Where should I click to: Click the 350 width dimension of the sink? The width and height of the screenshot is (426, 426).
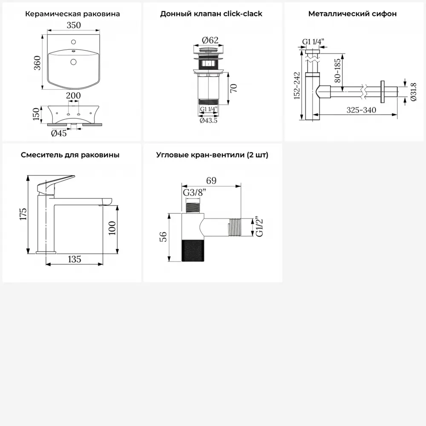coord(74,25)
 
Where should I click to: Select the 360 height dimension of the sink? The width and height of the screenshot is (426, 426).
coord(37,63)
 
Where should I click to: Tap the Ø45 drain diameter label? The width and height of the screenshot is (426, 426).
coord(59,133)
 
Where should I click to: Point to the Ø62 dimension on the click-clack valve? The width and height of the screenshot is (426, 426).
coord(210,40)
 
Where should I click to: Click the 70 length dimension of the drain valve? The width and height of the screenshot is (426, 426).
coord(233,88)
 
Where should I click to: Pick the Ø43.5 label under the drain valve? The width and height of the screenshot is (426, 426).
coord(208,121)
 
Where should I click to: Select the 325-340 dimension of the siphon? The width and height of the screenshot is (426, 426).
coord(361,110)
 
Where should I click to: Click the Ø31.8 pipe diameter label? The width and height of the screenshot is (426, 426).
coord(413,92)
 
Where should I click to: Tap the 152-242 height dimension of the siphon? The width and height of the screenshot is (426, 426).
coord(297,86)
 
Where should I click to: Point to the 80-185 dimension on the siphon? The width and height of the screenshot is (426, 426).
coord(337,71)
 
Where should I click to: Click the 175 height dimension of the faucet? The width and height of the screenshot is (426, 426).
coord(23,214)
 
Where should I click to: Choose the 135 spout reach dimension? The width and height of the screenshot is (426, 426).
coord(75,259)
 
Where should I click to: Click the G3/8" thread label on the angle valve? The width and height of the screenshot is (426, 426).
coord(195,193)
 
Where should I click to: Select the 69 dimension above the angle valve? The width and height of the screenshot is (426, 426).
coord(211,181)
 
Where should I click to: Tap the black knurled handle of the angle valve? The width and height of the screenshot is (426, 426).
coord(193,251)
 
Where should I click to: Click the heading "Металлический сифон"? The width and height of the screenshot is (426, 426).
coord(352,14)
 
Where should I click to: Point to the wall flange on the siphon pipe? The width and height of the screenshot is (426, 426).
coord(383,92)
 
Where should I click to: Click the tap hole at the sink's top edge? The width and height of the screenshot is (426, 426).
coord(73,42)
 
